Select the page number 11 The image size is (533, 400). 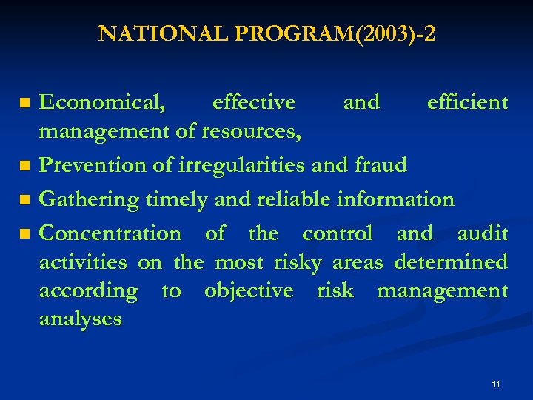pos(495,384)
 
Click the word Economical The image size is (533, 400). pos(102,102)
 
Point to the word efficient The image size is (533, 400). pos(467,102)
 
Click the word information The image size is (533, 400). pos(395,199)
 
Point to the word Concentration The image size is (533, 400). pos(110,233)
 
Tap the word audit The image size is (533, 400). pos(482,233)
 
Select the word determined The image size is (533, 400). pos(451,262)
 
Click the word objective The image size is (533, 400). pos(249,291)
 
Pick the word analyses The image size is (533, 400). pos(80,319)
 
